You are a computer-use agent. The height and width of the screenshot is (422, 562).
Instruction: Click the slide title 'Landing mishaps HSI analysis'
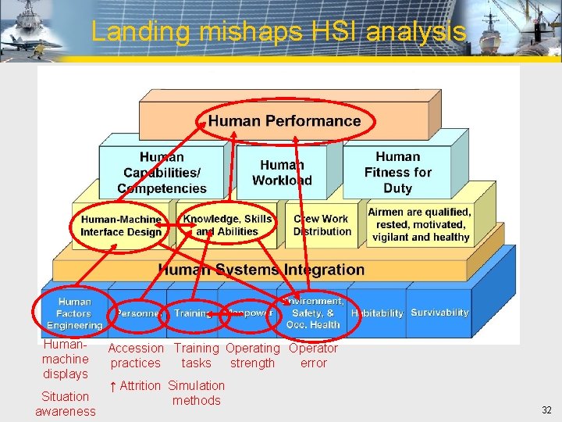coord(279,31)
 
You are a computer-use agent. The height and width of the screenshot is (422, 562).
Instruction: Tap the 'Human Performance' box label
coord(284,121)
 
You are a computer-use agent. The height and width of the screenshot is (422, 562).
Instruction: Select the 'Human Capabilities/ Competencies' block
coord(162,173)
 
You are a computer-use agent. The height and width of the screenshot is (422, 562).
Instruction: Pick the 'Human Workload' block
coord(282,173)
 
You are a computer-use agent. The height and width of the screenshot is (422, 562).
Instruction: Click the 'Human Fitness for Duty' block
coord(397,173)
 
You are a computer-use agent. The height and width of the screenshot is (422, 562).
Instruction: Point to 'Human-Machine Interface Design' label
coord(121,226)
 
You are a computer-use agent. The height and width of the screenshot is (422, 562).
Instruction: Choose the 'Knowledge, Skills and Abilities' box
coord(227,225)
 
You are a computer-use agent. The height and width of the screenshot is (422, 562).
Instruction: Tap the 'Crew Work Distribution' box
coord(322,225)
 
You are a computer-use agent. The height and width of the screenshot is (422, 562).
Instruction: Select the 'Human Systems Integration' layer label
coord(261,270)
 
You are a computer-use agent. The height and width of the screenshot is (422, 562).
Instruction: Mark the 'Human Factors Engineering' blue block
coord(74,313)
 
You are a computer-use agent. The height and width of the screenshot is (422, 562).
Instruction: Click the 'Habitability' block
coord(377,313)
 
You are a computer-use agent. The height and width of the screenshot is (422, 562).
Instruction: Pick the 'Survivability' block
coord(439,313)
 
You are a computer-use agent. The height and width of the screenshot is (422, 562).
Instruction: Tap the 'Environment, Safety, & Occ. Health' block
coord(313,313)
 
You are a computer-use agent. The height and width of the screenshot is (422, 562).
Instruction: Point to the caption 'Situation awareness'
coord(66,403)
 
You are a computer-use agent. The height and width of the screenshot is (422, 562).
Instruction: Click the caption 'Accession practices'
coord(136,356)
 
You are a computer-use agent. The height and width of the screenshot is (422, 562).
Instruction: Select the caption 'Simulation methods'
coord(196,393)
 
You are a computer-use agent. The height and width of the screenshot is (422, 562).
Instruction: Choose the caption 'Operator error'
coord(313,356)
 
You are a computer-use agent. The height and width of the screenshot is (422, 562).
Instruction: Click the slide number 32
coord(546,409)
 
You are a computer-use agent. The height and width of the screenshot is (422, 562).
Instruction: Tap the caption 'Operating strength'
coord(252,356)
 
